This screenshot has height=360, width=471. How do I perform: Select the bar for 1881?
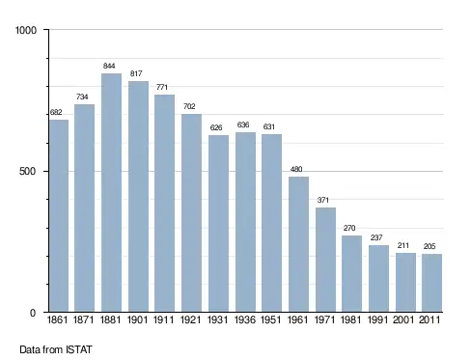coord(111,192)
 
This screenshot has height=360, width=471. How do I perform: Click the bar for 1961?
coord(298,244)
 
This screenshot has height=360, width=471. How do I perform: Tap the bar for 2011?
coord(431,283)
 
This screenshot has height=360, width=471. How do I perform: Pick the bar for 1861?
coord(59,215)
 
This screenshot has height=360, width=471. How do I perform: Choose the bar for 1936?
coord(245,222)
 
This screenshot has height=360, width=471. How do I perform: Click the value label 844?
coord(109,66)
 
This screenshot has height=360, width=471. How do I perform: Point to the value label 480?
coord(296,169)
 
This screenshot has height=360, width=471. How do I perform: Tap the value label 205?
coord(429,246)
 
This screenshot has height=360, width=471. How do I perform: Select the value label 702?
coord(189,106)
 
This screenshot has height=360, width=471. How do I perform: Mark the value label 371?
coord(323,200)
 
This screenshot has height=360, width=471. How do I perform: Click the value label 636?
coord(243,125)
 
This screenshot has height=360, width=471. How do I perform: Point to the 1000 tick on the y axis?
coord(26,30)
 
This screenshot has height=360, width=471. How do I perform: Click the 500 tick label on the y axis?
coord(27,171)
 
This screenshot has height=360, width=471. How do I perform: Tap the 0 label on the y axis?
coord(33,313)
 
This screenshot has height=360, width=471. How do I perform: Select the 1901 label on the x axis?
coord(137,319)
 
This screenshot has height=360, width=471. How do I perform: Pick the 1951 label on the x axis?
coord(270,319)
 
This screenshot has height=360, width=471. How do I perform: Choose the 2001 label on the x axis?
coord(403,319)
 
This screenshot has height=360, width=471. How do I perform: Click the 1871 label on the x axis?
coord(83,319)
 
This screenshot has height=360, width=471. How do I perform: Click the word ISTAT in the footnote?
coord(79,349)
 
